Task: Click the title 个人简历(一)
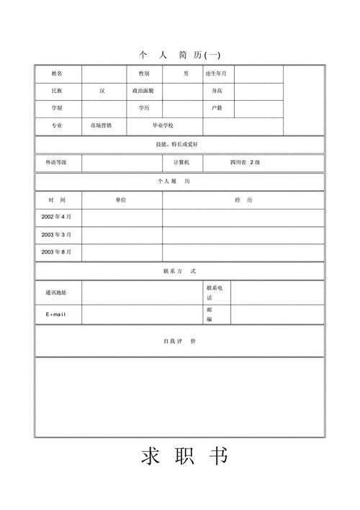[x=179, y=55]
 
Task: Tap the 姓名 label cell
[x=57, y=73]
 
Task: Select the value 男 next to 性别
[x=186, y=73]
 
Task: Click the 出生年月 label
[x=217, y=73]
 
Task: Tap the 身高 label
[x=217, y=91]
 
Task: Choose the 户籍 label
[x=217, y=108]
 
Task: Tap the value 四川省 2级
[x=245, y=163]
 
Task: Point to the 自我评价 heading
[x=179, y=341]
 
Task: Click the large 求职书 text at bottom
[x=184, y=457]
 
